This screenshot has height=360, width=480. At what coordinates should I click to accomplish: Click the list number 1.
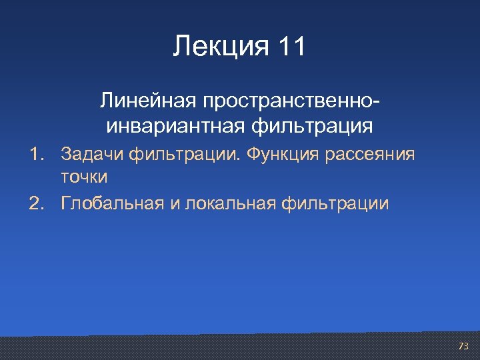[x=35, y=155]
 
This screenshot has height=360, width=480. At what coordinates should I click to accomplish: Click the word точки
[x=84, y=178]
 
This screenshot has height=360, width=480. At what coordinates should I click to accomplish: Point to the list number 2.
[x=35, y=203]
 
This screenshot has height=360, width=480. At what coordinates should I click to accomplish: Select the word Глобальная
[x=111, y=203]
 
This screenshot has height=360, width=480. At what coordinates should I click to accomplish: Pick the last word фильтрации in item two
[x=336, y=203]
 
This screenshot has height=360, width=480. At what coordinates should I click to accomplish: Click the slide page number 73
[x=463, y=346]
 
